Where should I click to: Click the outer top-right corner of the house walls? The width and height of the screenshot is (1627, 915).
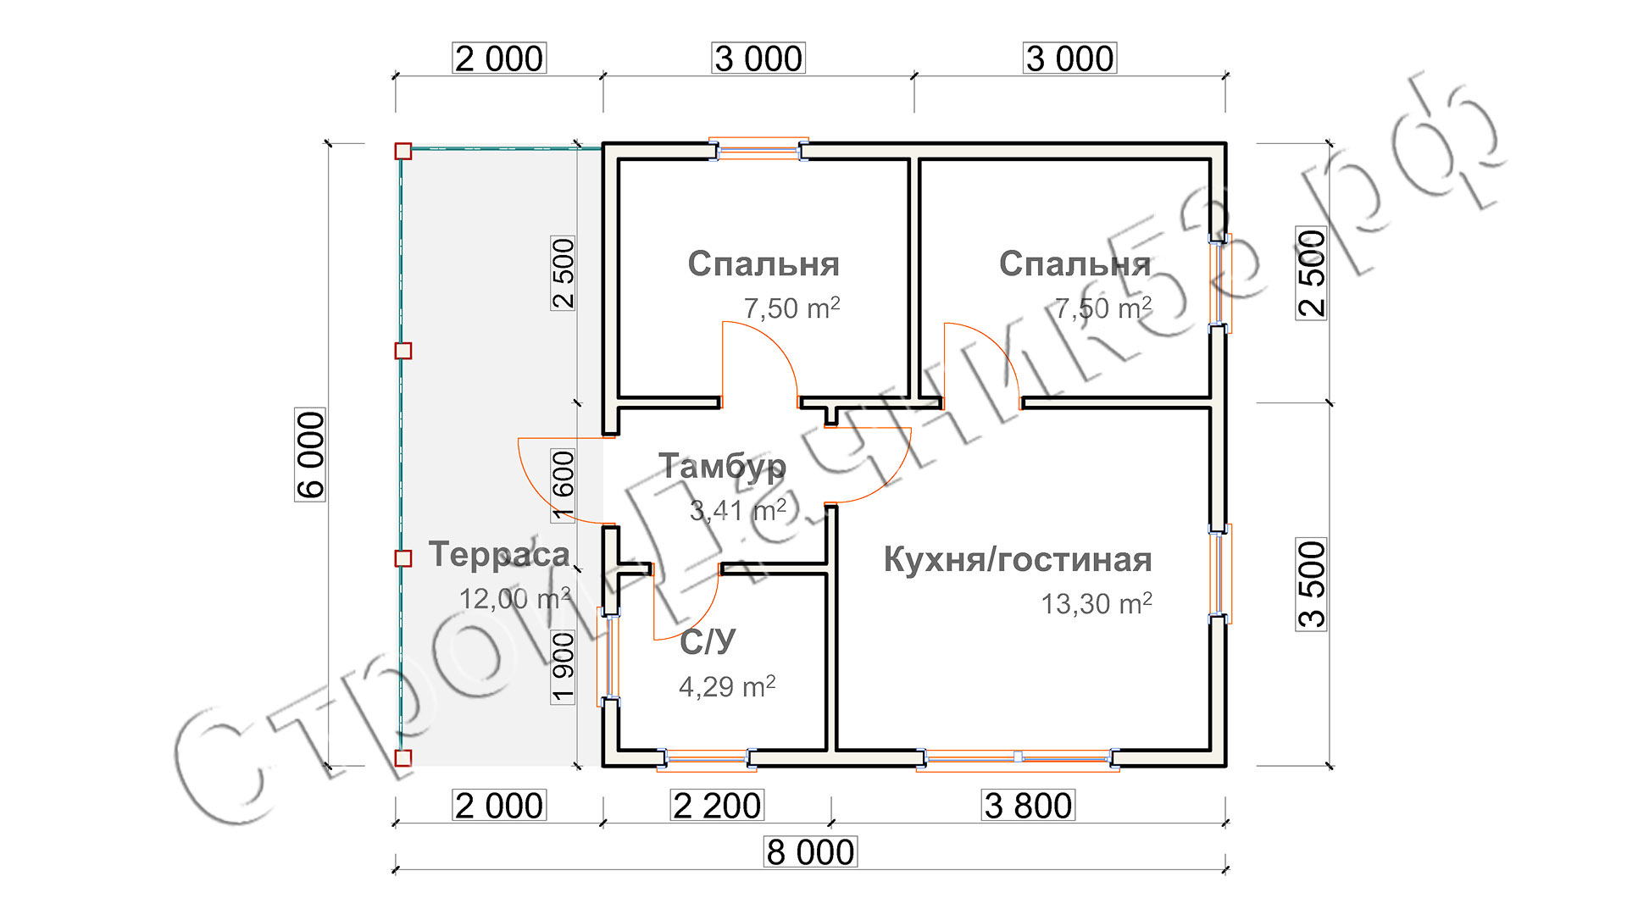tap(1226, 142)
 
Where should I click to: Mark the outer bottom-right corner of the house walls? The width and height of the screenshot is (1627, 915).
tap(1226, 767)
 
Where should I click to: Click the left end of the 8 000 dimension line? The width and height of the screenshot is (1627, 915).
tap(395, 868)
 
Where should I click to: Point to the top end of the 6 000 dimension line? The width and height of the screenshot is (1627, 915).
tap(329, 143)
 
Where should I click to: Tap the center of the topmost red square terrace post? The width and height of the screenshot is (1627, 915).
tap(403, 152)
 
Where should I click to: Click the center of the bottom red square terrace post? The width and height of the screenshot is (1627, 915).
tap(403, 758)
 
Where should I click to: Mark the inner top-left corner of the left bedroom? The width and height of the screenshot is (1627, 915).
tap(619, 160)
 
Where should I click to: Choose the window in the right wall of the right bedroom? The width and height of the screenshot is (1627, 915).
tap(1220, 283)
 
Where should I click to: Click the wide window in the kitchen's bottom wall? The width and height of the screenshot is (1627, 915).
tap(1018, 758)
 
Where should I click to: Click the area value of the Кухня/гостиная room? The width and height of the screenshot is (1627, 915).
tap(1097, 603)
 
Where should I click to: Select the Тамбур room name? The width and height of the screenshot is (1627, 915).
tap(723, 467)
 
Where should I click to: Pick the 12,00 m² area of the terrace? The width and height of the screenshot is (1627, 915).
tap(514, 598)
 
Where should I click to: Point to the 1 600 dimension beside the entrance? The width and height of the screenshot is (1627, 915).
tap(564, 485)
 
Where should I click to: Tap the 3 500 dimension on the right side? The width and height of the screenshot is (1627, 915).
tap(1312, 584)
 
